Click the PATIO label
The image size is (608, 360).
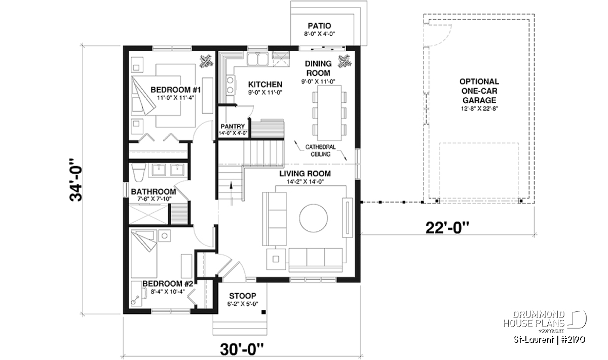tap(319, 26)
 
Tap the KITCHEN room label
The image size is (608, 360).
tap(265, 84)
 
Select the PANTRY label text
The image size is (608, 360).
tap(233, 127)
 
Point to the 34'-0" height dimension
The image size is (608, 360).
tap(76, 180)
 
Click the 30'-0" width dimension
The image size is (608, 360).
tap(242, 349)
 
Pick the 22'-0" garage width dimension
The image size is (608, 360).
tap(447, 228)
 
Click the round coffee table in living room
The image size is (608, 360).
tap(313, 218)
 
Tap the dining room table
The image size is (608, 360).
tap(329, 113)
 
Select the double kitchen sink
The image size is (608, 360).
tap(257, 59)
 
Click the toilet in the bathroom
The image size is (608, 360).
tap(138, 173)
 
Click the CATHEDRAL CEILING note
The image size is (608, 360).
tap(320, 150)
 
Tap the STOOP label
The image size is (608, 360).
tap(242, 295)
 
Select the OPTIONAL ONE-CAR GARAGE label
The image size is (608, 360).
tap(479, 91)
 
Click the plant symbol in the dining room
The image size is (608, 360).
tap(345, 61)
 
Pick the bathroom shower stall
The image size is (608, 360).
tap(148, 215)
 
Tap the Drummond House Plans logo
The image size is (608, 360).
tap(545, 321)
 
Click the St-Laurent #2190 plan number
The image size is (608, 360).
tap(550, 340)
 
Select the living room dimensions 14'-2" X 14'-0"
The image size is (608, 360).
tap(306, 181)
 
